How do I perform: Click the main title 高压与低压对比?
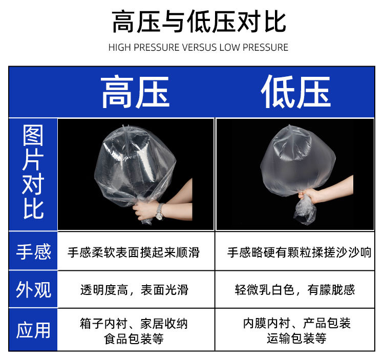198,23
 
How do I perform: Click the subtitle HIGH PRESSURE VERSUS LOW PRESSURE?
198,48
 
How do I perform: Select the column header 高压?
135,93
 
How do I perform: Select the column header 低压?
295,93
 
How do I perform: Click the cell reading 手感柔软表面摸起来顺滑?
134,252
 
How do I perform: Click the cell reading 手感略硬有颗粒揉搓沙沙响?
299,252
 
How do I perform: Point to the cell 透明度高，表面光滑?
134,290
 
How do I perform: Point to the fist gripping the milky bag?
309,196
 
